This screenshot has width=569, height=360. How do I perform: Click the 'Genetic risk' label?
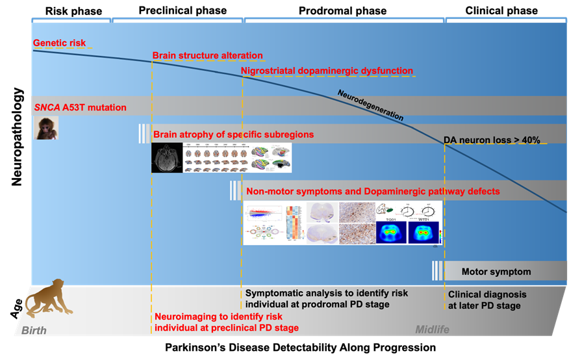59,44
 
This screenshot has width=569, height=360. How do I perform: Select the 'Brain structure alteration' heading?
207,56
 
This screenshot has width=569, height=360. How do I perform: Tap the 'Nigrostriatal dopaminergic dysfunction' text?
327,71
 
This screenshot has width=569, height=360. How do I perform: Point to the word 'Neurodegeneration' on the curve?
370,106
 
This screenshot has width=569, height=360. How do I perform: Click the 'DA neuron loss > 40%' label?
492,140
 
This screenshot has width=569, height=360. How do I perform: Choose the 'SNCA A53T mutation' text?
80,107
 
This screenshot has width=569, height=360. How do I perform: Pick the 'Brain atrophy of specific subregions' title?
233,135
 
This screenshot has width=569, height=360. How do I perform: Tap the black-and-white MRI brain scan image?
167,158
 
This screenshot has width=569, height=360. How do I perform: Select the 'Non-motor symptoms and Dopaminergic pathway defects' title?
373,192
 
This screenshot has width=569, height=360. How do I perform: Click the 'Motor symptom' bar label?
496,272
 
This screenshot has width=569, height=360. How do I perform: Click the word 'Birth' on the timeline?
34,330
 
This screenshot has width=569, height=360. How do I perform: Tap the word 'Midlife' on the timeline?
432,330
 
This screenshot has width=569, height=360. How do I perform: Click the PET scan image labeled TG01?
390,232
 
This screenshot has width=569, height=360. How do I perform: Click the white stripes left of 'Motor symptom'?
438,270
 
